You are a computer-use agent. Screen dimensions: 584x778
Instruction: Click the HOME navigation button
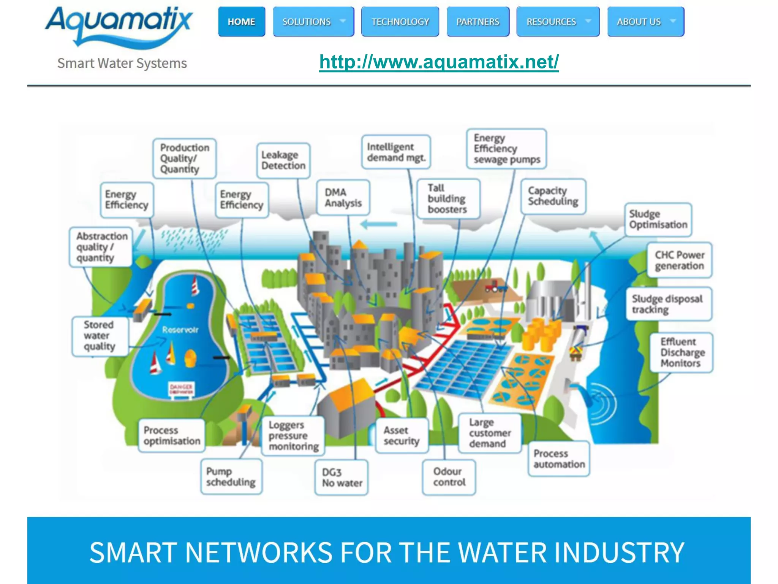click(242, 22)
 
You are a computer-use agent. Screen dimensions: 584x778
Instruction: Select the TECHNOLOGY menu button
click(400, 22)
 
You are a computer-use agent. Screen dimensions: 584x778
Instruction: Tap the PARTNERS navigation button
click(478, 22)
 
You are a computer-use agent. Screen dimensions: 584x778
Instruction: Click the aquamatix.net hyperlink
click(439, 62)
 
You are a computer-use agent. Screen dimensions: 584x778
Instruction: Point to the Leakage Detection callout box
click(283, 160)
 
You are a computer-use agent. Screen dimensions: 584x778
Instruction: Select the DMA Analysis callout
click(343, 198)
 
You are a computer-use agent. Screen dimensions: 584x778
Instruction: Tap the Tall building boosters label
click(448, 199)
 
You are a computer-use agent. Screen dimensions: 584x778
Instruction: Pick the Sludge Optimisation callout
click(658, 219)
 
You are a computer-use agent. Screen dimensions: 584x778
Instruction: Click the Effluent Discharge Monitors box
click(682, 352)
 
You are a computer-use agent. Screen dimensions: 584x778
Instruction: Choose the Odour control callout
click(449, 477)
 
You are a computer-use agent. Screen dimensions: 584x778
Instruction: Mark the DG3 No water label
click(342, 478)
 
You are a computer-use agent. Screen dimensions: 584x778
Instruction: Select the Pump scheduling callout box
click(231, 477)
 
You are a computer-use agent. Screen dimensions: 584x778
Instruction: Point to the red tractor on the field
click(495, 286)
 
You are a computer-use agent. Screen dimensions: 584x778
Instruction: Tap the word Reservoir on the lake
click(180, 330)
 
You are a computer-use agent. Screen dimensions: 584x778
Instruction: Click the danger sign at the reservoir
click(181, 389)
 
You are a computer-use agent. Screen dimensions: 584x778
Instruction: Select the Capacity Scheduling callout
click(553, 196)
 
